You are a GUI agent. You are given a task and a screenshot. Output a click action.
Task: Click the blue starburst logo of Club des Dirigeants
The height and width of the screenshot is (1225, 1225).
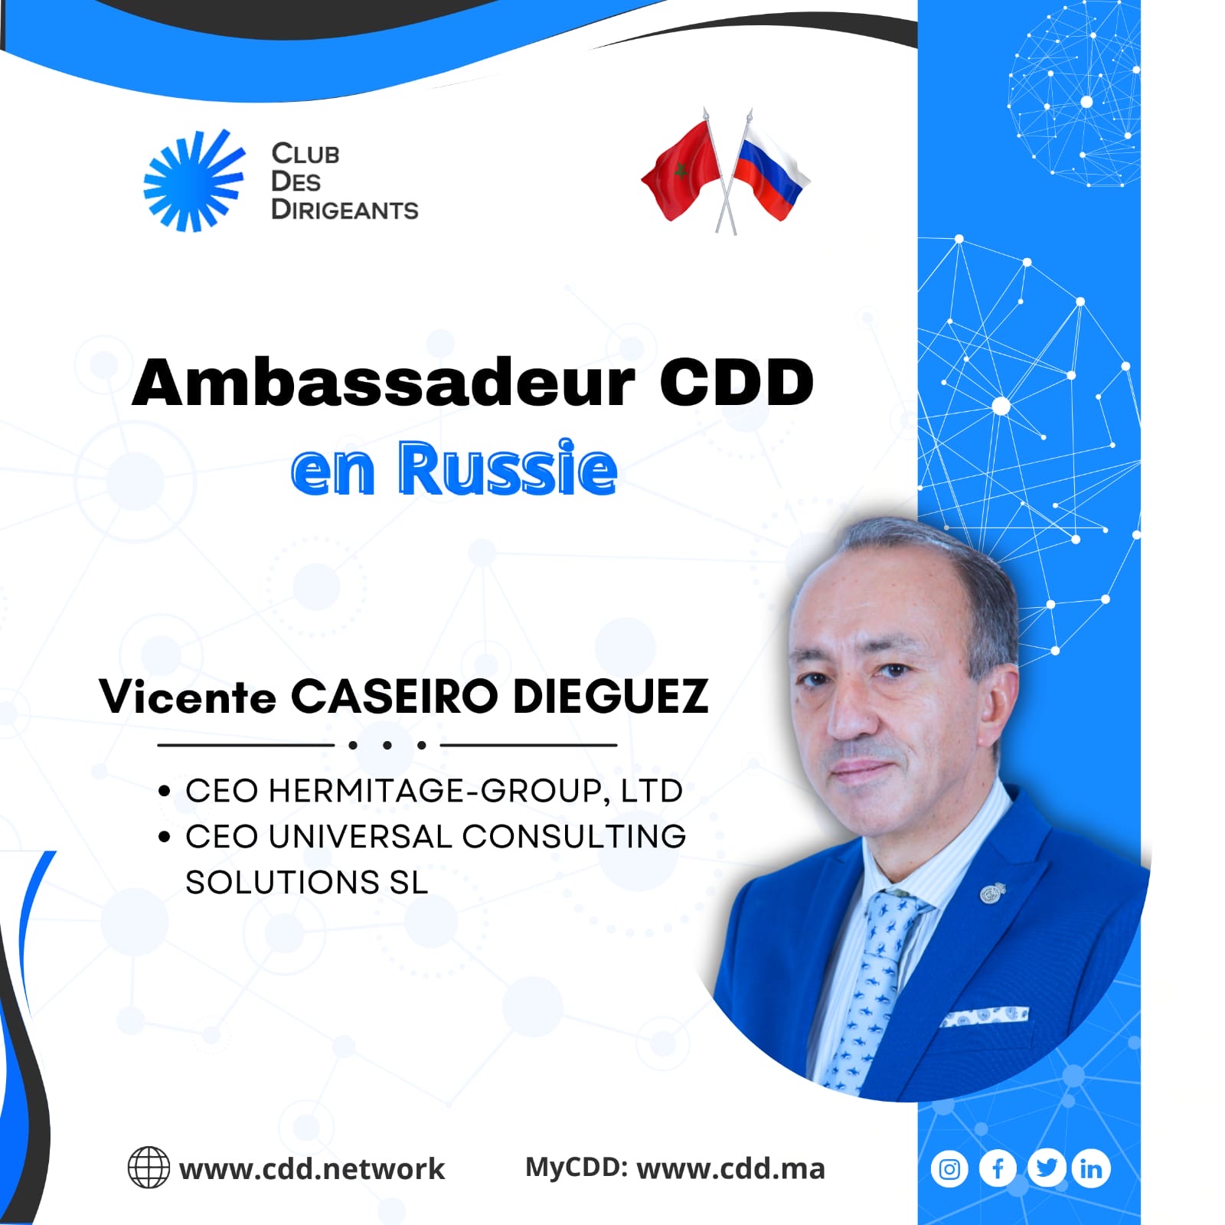pos(194,181)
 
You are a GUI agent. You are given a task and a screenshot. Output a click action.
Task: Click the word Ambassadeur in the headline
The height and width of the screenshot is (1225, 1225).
pos(384,382)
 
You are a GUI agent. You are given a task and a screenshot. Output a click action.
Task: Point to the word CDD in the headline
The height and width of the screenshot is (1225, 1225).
pos(736,382)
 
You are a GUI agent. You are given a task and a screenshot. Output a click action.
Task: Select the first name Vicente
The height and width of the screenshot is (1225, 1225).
pos(188,697)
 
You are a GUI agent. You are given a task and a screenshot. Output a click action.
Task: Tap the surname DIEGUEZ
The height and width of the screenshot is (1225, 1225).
pos(610,696)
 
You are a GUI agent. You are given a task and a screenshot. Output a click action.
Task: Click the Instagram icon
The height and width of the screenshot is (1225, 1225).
pos(949,1169)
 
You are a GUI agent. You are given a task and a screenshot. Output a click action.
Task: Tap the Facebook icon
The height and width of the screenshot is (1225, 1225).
pos(998,1169)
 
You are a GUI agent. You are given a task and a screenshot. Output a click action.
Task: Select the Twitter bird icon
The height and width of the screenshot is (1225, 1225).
pos(1046,1168)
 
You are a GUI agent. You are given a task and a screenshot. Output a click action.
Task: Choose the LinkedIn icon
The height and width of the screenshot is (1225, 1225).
pos(1092,1169)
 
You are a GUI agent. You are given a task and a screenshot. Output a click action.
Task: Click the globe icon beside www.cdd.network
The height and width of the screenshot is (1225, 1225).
pos(149,1167)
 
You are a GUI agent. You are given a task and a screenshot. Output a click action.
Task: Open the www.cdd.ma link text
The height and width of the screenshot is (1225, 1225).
pos(731,1168)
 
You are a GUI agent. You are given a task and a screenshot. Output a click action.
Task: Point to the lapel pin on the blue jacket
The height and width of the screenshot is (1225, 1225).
pos(992,893)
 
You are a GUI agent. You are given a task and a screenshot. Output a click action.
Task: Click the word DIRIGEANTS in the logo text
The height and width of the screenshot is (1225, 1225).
pos(345,210)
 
